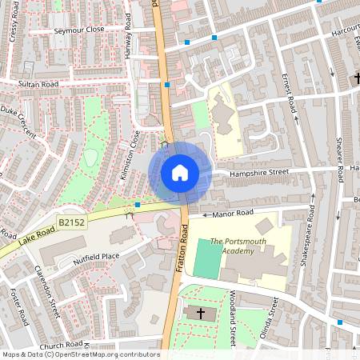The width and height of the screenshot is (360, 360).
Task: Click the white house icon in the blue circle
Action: pyautogui.click(x=180, y=172)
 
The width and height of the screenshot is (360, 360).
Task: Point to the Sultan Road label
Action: pyautogui.click(x=39, y=82)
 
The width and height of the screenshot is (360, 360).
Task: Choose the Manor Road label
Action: pyautogui.click(x=232, y=213)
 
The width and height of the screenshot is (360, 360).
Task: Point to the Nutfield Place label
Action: pyautogui.click(x=96, y=258)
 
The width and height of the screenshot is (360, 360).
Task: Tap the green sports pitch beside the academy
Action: pyautogui.click(x=207, y=257)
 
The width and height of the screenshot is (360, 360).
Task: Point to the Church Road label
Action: pyautogui.click(x=61, y=346)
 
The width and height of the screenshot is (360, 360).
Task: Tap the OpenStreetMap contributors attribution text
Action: pyautogui.click(x=80, y=354)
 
